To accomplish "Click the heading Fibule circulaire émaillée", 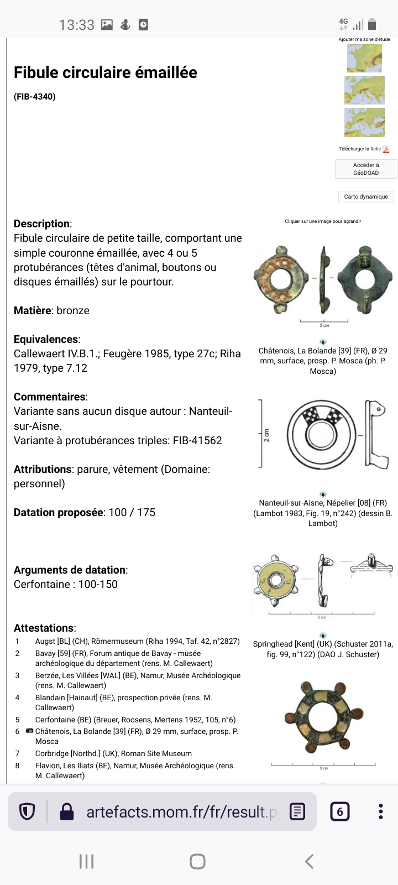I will tap(105, 72).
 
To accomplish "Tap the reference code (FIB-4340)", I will tap(34, 97).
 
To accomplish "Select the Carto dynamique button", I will tap(365, 196).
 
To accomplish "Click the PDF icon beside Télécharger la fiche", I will tap(386, 149).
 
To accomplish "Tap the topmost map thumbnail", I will tap(364, 58).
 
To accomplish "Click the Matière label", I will tap(32, 310).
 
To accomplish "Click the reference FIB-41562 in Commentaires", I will tap(197, 440).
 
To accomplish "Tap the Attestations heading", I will tap(44, 628).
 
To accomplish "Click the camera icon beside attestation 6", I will tap(29, 731).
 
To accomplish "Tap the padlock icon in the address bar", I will tap(66, 811).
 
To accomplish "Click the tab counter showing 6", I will tap(339, 811).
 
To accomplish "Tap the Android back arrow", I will tap(310, 861).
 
